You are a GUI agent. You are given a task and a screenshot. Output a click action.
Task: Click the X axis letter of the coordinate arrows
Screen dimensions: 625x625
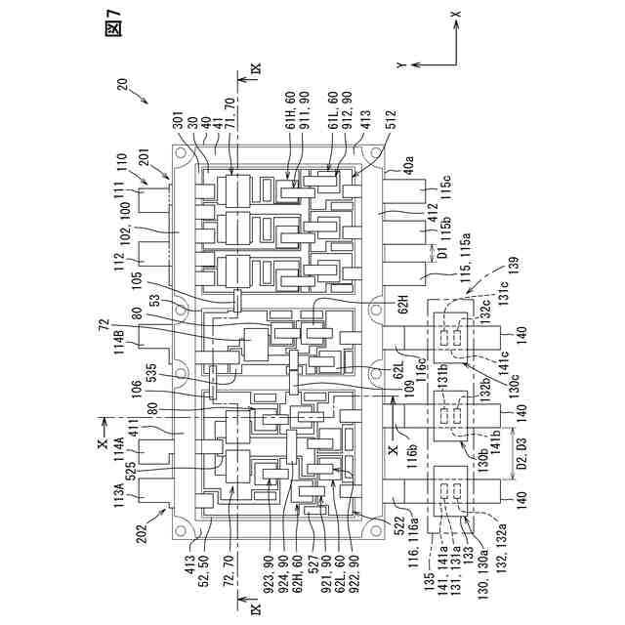point(455,17)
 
